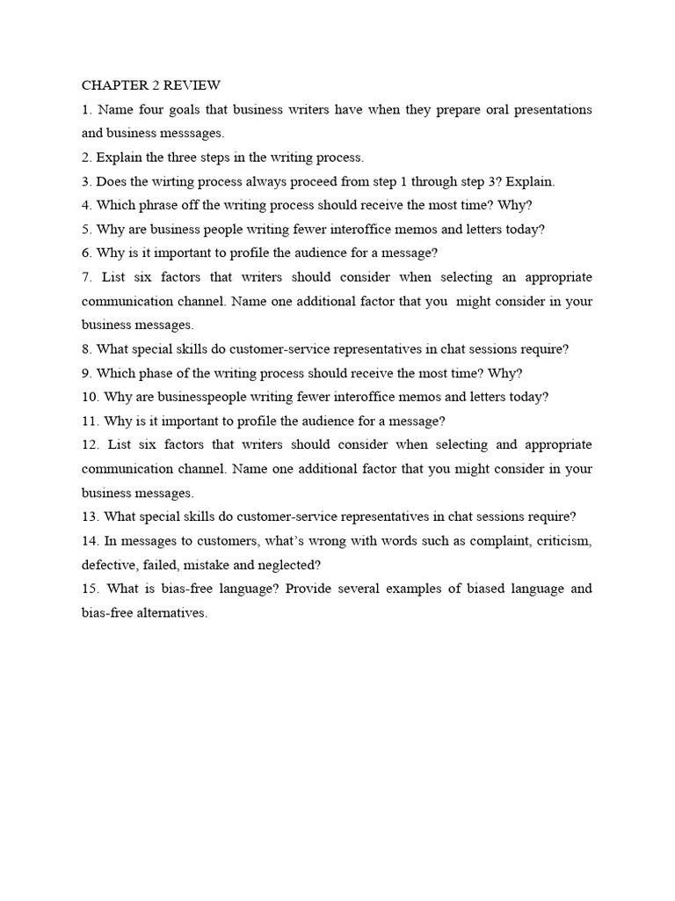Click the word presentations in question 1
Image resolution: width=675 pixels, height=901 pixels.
(x=548, y=110)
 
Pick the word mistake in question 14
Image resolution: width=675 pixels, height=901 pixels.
(x=207, y=565)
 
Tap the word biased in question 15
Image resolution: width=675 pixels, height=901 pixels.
(x=475, y=589)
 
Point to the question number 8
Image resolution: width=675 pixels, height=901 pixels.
(x=86, y=348)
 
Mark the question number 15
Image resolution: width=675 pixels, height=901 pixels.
(x=91, y=589)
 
